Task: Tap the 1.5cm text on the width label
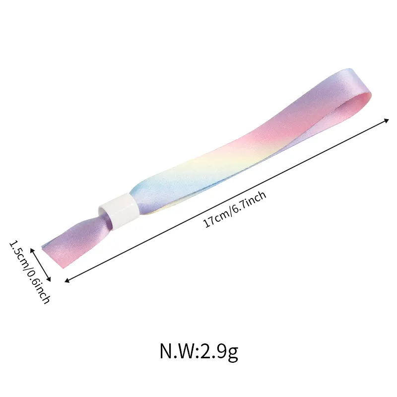tap(17, 253)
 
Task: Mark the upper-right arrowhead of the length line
tap(387, 120)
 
